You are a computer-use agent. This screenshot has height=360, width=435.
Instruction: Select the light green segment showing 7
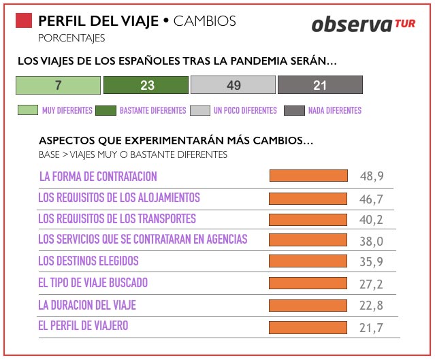[58, 85]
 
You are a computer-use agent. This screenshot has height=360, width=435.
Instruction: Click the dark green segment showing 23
[146, 85]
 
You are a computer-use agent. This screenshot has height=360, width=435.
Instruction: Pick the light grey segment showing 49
[233, 85]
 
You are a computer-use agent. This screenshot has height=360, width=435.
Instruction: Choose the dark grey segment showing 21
[320, 85]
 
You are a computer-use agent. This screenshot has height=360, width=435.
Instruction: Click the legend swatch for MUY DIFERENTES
[27, 110]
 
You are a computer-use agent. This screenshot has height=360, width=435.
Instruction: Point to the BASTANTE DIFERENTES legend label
[152, 110]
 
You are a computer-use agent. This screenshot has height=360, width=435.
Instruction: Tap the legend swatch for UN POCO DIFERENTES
[200, 110]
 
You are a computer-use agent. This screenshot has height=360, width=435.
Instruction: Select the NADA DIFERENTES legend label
[334, 110]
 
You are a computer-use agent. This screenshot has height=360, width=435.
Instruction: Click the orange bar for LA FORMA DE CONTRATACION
[308, 176]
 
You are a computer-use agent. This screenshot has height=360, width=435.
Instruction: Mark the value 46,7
[372, 199]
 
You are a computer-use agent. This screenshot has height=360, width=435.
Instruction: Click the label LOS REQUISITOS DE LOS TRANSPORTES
[117, 219]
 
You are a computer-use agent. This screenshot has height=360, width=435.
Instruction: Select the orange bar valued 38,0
[308, 241]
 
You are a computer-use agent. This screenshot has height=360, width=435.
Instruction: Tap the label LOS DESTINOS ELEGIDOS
[88, 261]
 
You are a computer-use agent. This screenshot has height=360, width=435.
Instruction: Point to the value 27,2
[372, 284]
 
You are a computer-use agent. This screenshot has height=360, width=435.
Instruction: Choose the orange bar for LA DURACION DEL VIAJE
[308, 305]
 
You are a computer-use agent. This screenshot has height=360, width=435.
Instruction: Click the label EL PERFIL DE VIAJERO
[83, 326]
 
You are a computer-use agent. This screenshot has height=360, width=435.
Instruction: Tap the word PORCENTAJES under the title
[71, 37]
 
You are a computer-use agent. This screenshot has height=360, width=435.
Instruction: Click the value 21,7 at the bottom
[372, 328]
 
